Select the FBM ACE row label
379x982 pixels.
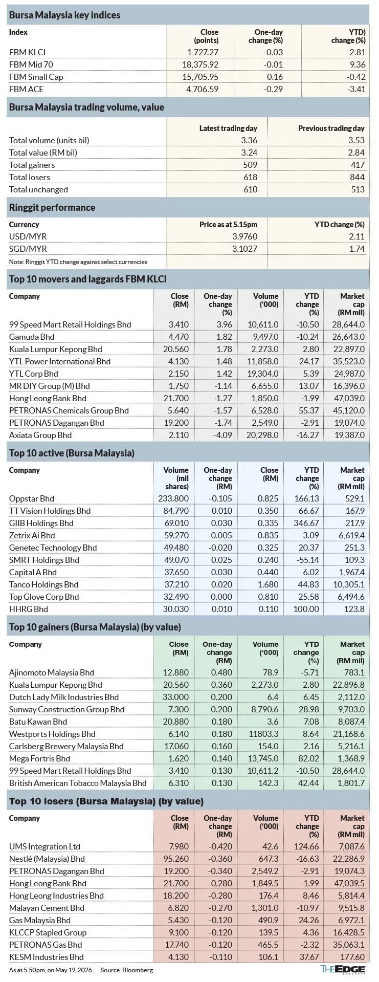click(x=27, y=89)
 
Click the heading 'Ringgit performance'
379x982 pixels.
click(x=52, y=207)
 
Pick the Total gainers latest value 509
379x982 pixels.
click(x=251, y=165)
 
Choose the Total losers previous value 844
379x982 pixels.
click(x=358, y=177)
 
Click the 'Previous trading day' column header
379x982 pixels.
click(x=331, y=128)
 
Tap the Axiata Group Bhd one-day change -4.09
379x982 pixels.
click(x=221, y=435)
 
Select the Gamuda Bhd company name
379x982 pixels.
click(x=32, y=337)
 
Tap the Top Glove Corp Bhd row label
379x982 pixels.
click(x=44, y=597)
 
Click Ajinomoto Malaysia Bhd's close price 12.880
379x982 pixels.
click(x=176, y=672)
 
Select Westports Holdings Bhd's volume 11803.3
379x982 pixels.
click(x=264, y=734)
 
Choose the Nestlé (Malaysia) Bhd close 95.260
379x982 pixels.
click(x=176, y=859)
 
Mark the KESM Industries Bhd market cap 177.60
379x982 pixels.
click(x=352, y=957)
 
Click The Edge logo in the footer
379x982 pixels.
click(x=343, y=969)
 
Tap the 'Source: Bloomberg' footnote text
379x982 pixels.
click(x=126, y=970)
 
